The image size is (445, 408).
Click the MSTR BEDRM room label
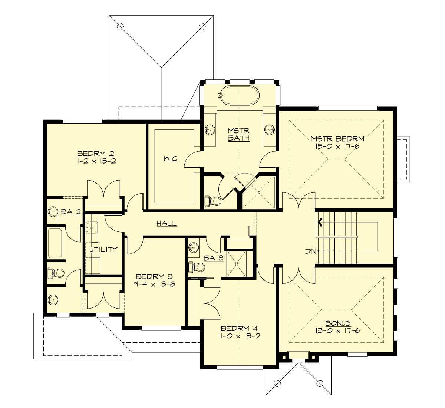tap(337, 139)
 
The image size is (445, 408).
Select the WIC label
tap(171, 159)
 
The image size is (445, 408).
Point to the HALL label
tap(167, 223)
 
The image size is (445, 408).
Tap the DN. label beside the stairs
tap(311, 251)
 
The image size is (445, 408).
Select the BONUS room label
tap(338, 323)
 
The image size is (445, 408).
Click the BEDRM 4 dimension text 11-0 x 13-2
tap(239, 336)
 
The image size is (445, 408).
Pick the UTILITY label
tap(104, 249)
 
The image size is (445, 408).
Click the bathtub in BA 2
tap(55, 243)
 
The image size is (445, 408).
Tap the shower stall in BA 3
tap(239, 264)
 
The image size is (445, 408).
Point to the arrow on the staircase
tap(320, 223)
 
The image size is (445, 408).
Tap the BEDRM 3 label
tap(155, 277)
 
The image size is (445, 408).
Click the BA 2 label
tap(71, 212)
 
